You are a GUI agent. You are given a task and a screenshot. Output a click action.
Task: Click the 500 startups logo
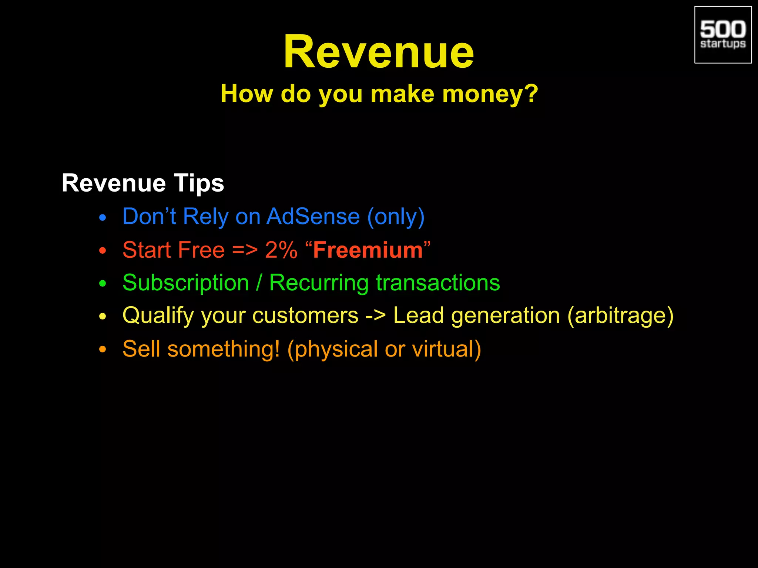pos(723,35)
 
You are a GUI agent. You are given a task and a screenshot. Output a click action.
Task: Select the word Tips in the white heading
pos(199,183)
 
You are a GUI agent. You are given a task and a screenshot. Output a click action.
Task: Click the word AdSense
pos(313,216)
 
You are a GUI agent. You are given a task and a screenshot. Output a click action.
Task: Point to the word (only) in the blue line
pos(396,217)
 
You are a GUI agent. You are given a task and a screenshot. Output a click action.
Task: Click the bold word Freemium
pos(368,250)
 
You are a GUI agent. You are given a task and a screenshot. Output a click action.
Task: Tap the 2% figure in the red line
pos(281,250)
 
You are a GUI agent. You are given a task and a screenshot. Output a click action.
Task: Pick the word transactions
pos(438,283)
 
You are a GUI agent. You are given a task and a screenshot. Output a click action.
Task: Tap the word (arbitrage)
pos(620,316)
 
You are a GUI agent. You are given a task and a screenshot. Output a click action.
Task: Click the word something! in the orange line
pos(224,349)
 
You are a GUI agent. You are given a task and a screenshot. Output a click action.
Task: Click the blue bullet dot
pos(103,218)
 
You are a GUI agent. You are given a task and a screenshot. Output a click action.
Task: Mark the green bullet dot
pos(103,284)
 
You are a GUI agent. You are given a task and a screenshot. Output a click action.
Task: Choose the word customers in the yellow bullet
pos(305,316)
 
